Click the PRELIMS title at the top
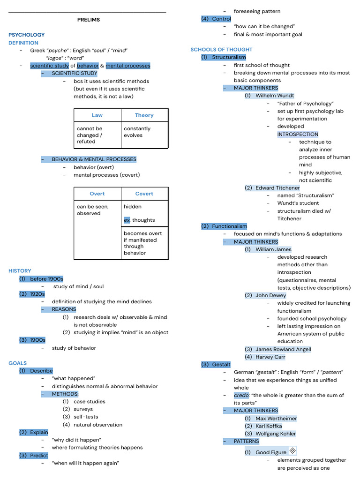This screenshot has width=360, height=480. click(x=89, y=20)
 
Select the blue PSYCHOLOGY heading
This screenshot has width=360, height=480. click(x=27, y=35)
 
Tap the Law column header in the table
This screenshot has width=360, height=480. click(x=97, y=115)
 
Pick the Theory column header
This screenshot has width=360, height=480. click(x=144, y=115)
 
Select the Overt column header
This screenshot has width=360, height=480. click(x=97, y=194)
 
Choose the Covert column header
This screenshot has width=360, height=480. click(x=144, y=194)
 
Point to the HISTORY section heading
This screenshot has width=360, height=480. click(x=20, y=271)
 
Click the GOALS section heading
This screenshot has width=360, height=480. click(x=18, y=363)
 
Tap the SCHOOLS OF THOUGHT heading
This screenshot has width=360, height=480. click(x=221, y=50)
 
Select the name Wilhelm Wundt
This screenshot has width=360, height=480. click(x=275, y=96)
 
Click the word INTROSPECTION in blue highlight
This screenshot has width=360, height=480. click(x=298, y=134)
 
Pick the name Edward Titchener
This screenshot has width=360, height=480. click(x=277, y=188)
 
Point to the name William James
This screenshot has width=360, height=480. click(x=273, y=249)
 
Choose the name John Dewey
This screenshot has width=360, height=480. click(x=270, y=295)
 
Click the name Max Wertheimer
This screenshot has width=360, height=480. click(x=276, y=419)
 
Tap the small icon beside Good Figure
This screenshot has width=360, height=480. click(x=292, y=451)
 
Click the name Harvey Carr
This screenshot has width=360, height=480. click(x=270, y=357)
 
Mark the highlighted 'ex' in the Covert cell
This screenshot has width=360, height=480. click(x=127, y=220)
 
